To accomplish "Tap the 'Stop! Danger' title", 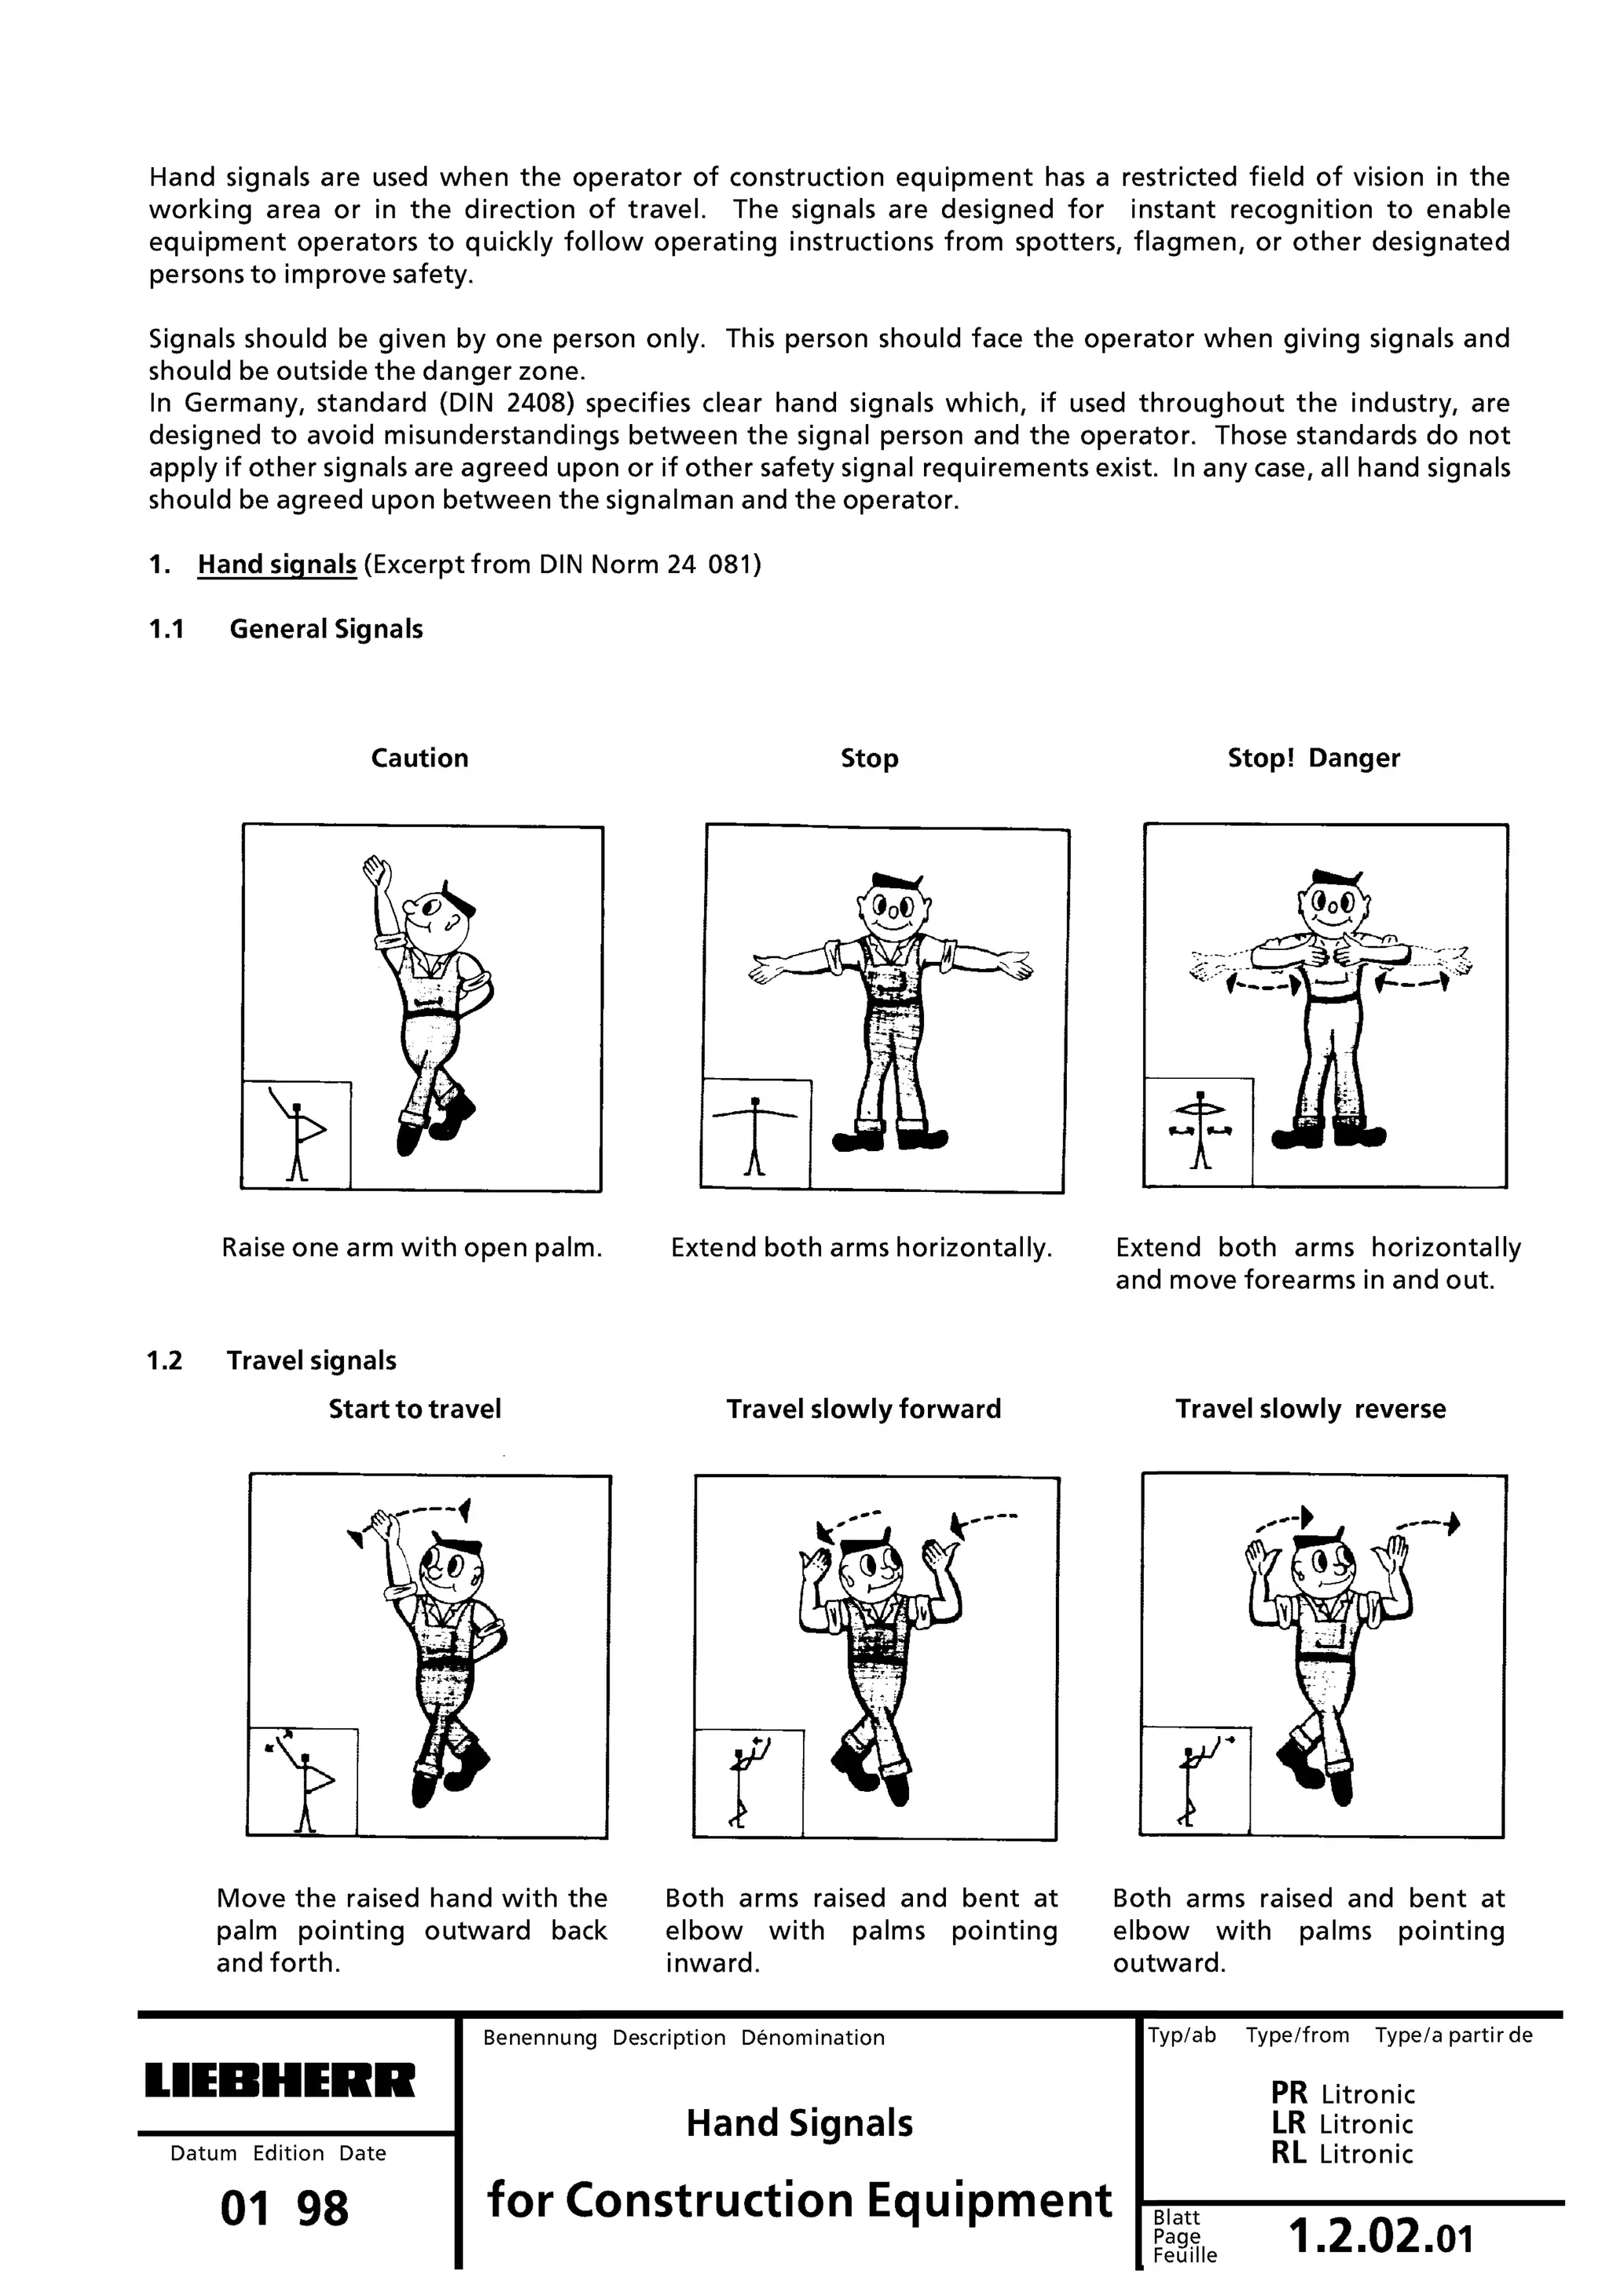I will [1313, 758].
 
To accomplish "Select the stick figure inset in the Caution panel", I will [297, 1134].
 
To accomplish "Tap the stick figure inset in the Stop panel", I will [755, 1134].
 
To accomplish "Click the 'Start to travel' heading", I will [414, 1409].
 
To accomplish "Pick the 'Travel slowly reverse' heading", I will [1310, 1409].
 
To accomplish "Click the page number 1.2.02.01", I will [1380, 2236].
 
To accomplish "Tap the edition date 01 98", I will [284, 2209].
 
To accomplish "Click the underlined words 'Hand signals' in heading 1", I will [277, 565].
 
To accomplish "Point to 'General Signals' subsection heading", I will [326, 629].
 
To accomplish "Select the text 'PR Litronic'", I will [1343, 2093].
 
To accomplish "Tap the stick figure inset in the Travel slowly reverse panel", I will [1196, 1782].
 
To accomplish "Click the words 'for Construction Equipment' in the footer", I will [800, 2199].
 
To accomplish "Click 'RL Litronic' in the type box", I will [1343, 2153].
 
